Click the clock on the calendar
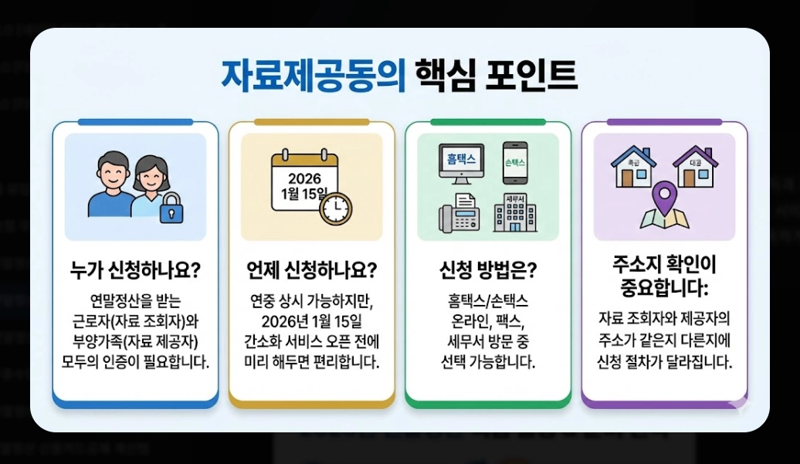[335, 207]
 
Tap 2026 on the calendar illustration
[304, 179]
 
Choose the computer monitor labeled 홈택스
[461, 161]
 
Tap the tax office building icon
[515, 213]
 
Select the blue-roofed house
[633, 167]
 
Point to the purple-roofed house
[695, 167]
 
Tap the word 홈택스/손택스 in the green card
[488, 300]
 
